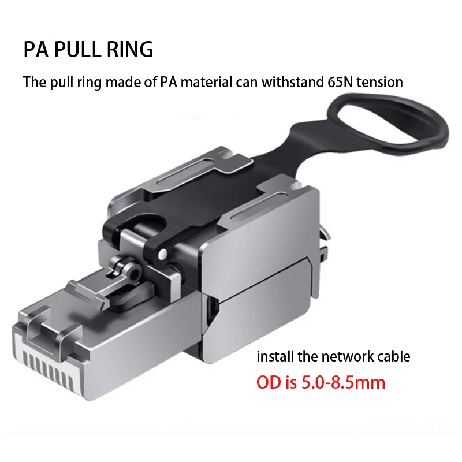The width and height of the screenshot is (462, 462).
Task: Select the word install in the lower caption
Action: coord(274,356)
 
